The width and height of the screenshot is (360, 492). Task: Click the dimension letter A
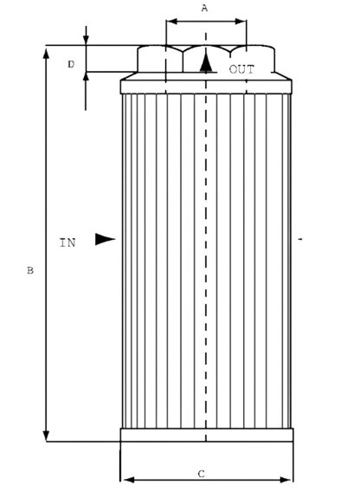coord(204,8)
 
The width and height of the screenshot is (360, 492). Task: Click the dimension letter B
coord(30,270)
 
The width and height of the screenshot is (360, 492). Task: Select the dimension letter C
coord(202,474)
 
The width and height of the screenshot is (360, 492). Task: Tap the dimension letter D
coord(71,64)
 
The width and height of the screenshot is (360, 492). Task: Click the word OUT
coord(241,69)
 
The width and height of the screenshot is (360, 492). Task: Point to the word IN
coord(67,243)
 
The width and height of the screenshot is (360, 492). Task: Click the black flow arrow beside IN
coord(105,239)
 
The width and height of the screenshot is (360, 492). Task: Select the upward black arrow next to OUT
coord(206,62)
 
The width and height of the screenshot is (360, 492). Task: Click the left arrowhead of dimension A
coord(172,22)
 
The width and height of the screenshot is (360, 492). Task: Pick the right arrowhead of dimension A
coord(241,22)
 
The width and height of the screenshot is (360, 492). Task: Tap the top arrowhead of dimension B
coord(46,54)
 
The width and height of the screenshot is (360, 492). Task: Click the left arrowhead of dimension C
coord(130,480)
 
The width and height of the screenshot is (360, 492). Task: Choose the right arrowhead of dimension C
coord(285,480)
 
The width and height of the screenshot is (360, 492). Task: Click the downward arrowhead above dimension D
coord(86,40)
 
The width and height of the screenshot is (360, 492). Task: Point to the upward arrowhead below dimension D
coord(86,77)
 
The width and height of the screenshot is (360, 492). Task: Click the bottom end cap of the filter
coord(207,435)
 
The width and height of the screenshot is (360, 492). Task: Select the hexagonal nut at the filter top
coord(206,59)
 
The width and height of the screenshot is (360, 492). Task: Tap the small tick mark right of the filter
coord(300,239)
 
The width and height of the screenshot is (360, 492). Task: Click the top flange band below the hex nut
coord(206,87)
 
